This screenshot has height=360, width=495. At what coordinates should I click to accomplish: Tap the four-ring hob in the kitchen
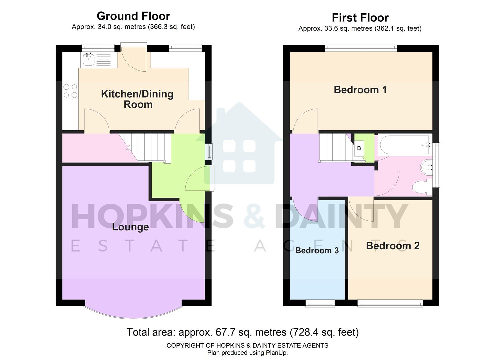(70, 91)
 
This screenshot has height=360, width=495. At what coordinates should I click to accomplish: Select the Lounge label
(130, 227)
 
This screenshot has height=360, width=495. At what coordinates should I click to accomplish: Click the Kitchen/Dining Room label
(137, 99)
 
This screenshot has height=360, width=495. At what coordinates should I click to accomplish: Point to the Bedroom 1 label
(360, 90)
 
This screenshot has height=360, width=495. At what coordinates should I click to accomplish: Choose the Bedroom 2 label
(393, 246)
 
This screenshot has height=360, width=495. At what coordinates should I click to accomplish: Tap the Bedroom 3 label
(317, 250)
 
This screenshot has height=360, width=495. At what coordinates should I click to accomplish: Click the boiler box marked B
(359, 148)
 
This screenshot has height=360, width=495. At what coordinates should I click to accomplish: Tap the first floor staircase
(335, 147)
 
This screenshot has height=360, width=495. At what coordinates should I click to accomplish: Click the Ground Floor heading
(133, 16)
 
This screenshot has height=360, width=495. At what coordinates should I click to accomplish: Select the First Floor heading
(360, 17)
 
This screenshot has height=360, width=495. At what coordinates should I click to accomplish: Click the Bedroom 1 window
(361, 48)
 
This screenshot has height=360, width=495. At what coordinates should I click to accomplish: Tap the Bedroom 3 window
(320, 303)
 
